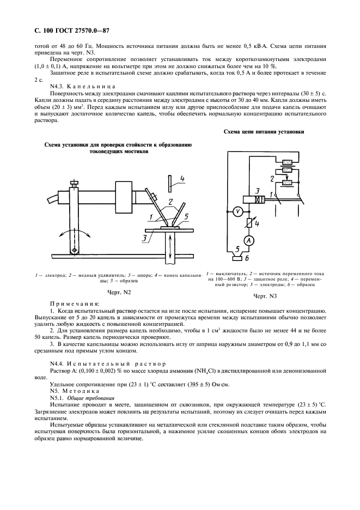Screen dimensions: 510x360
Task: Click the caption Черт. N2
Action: click(118, 293)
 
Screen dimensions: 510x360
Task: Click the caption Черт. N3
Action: click(265, 296)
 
